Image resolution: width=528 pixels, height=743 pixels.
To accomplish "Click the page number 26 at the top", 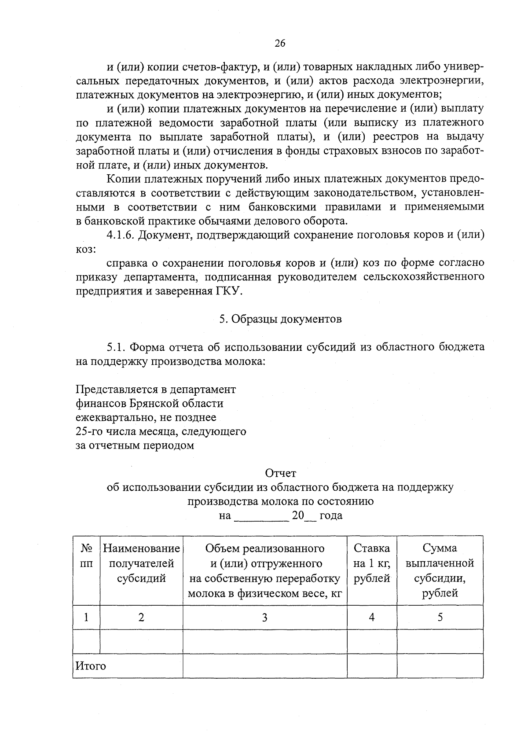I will coord(280,43).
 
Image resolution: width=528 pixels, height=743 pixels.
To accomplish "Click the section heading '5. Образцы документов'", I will coord(280,319).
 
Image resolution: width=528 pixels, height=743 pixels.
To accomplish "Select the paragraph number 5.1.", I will coord(117,347).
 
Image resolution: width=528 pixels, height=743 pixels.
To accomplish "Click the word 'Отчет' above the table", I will coord(280,473).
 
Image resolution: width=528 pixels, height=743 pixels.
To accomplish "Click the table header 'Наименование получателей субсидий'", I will coord(141,563).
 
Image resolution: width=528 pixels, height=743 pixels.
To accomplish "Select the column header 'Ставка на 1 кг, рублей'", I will coord(372,563).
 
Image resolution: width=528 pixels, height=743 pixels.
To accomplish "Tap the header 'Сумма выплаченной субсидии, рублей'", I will coord(440,570).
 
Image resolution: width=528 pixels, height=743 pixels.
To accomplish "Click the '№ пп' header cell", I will coord(87,555).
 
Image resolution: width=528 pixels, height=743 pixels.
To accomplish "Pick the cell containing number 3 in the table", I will coord(264,618).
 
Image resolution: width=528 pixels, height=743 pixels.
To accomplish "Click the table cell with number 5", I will coord(440,618).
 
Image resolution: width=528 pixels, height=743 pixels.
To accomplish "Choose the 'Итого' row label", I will coord(91,666).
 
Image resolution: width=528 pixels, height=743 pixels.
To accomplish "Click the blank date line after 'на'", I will coord(261,516).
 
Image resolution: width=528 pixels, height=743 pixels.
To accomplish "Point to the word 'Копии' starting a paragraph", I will coord(121,179).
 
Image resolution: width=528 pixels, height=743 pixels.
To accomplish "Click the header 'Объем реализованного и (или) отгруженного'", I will coord(264,555).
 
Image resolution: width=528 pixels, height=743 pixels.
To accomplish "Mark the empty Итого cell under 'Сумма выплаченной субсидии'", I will coord(440,666).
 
